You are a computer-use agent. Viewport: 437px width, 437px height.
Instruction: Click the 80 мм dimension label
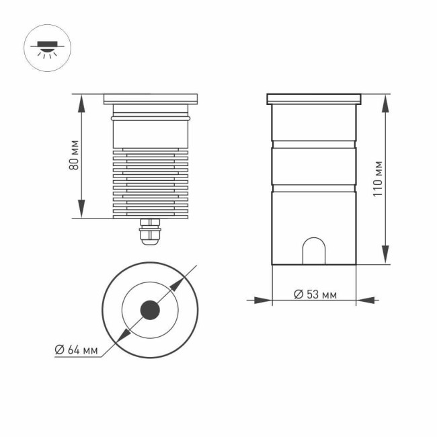click(75, 155)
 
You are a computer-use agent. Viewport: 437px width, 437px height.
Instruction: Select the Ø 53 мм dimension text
click(315, 295)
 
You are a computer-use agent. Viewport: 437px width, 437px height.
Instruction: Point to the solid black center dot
click(149, 310)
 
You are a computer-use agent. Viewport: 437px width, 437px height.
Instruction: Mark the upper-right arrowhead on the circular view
click(178, 284)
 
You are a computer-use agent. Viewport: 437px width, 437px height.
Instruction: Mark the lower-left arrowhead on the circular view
click(121, 336)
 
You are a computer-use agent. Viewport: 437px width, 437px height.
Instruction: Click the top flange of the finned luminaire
click(151, 100)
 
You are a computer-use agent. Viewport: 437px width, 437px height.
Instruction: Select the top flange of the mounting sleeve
click(315, 99)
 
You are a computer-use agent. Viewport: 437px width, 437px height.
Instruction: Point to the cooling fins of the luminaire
click(151, 182)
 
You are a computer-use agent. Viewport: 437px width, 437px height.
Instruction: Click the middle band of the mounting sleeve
click(313, 165)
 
